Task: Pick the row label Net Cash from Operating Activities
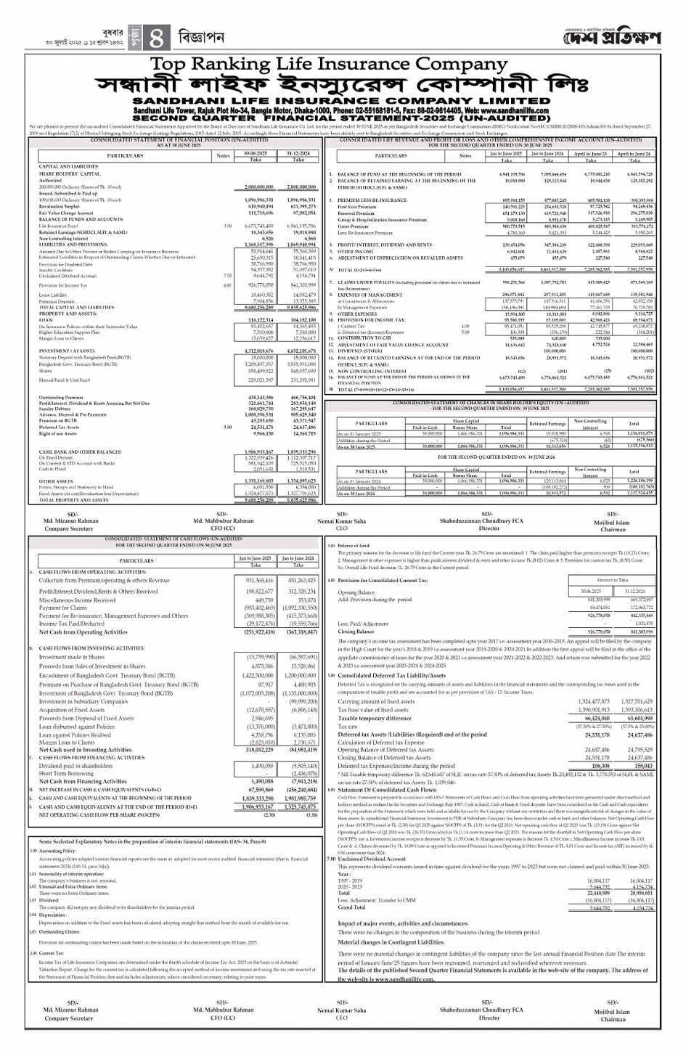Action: (x=83, y=632)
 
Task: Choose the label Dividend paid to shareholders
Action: (x=76, y=766)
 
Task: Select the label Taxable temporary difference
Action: (x=375, y=718)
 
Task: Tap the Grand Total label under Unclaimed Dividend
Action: (x=352, y=907)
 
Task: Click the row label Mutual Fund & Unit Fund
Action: (x=65, y=380)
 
